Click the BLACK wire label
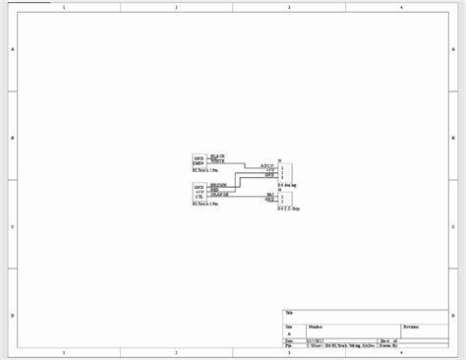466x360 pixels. [x=218, y=155]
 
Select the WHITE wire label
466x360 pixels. [x=218, y=160]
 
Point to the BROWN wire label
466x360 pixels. [x=218, y=184]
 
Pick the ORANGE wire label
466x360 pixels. [x=219, y=194]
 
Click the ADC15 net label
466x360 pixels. [x=266, y=165]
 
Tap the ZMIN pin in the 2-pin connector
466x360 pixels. [x=199, y=161]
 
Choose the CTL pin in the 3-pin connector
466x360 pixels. [x=199, y=195]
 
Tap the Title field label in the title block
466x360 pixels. [x=288, y=312]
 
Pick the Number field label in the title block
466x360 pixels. [x=315, y=324]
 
